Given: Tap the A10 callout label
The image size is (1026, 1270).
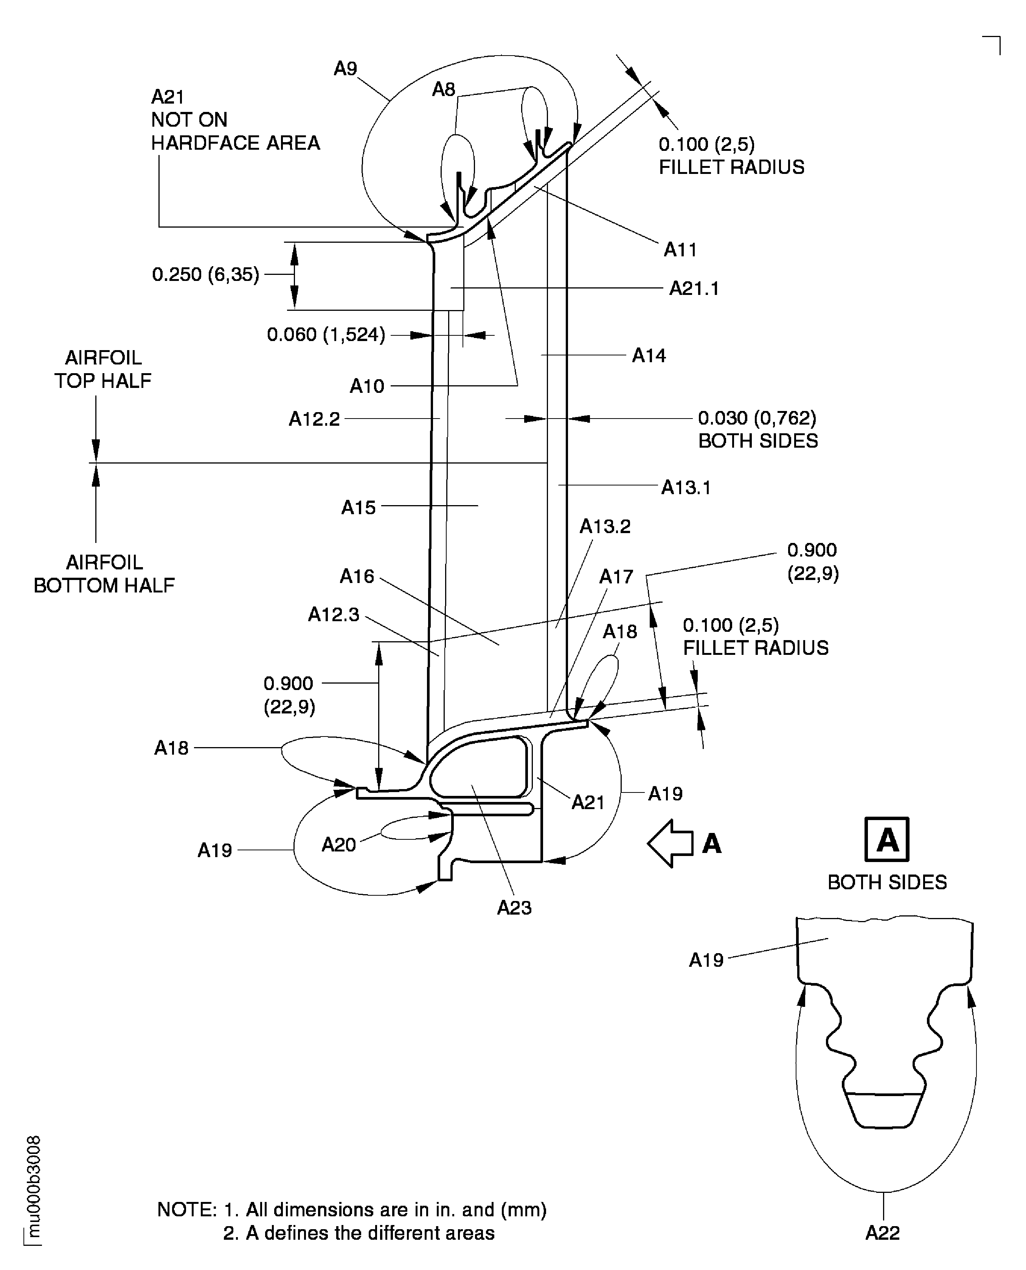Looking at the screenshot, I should click(366, 386).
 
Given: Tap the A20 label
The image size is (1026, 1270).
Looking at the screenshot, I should click(338, 845).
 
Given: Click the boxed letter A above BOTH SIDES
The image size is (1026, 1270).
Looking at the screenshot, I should click(886, 839).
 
